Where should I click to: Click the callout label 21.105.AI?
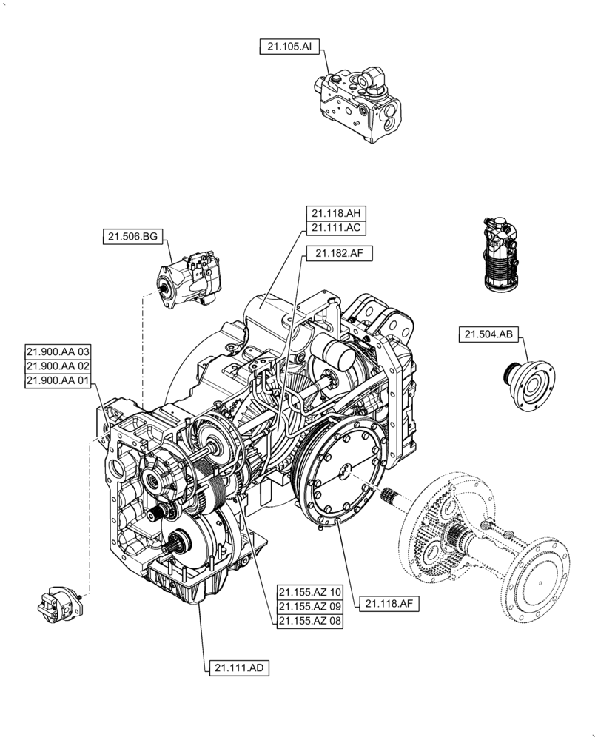point(289,46)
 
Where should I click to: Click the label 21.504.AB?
point(488,334)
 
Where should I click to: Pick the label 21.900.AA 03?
point(58,352)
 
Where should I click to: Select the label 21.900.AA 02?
point(58,366)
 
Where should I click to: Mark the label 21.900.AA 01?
point(58,380)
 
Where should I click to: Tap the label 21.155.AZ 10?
point(310,592)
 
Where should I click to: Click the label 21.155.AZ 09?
point(310,606)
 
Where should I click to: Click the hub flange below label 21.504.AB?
point(529,382)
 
